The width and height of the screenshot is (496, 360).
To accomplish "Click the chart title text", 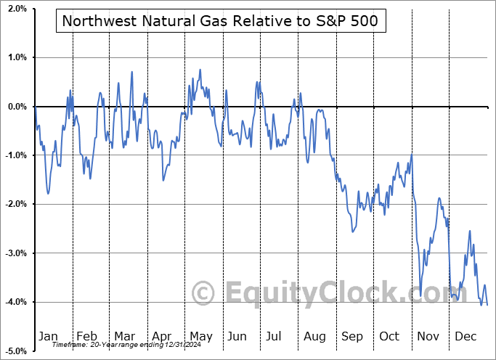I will click(x=220, y=21).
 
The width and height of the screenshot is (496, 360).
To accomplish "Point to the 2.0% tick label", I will click(x=16, y=9).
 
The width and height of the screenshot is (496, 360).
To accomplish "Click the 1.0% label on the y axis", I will click(x=16, y=57).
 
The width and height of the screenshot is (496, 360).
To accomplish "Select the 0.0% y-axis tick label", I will click(x=16, y=107).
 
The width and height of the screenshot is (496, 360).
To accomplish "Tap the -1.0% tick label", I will click(x=15, y=155).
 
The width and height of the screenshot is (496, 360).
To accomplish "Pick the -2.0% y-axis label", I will click(x=15, y=204).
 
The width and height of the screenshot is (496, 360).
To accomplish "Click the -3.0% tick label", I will click(x=15, y=253).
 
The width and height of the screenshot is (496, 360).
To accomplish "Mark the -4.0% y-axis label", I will click(x=15, y=302).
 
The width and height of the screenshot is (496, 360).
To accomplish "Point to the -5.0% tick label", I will click(x=15, y=351).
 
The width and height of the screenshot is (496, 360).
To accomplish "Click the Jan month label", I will click(x=48, y=336).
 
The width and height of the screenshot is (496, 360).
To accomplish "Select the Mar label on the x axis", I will click(x=123, y=336).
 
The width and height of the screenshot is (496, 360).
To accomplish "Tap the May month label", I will click(x=200, y=336).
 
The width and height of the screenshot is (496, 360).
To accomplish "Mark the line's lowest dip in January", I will click(x=48, y=193).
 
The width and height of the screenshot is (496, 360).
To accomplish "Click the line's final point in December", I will click(x=487, y=304).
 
